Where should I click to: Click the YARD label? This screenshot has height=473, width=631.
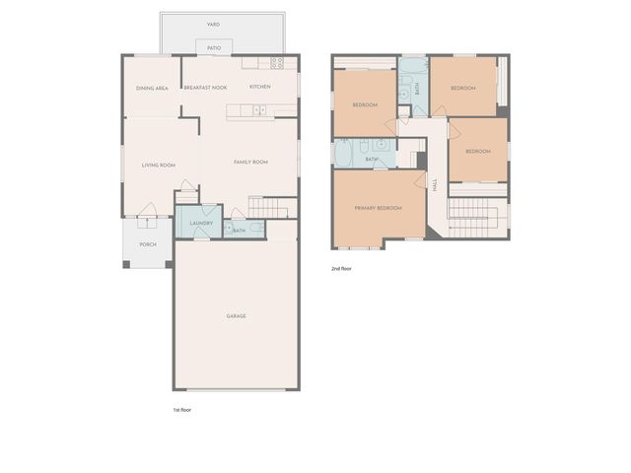[214, 24]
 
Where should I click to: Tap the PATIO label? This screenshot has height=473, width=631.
[214, 47]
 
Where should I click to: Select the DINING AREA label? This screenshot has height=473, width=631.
[152, 88]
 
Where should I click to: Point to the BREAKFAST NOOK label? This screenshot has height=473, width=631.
[205, 88]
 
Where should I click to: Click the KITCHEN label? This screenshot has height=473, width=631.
[260, 88]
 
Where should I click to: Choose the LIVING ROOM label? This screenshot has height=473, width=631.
[158, 165]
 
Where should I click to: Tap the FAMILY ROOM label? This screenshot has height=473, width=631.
[250, 162]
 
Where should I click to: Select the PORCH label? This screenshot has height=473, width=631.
[148, 244]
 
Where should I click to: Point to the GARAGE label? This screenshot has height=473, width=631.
[236, 316]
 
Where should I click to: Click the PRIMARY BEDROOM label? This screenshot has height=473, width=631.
[379, 208]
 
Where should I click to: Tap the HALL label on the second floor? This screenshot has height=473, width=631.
[435, 184]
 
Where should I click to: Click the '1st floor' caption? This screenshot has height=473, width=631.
[181, 408]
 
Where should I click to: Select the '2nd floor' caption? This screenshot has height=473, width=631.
[341, 268]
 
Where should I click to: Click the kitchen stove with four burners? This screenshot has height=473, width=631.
[278, 63]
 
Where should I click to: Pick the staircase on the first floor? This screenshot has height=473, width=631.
[271, 207]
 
